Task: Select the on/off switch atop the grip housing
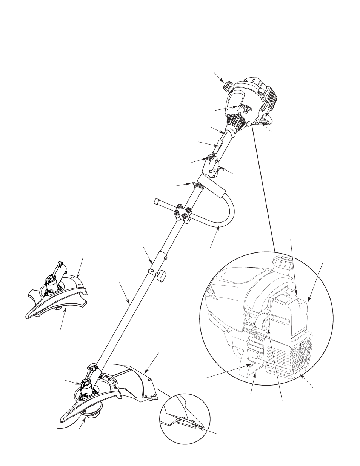pos(211,157)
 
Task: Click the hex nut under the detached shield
pos(58,308)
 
